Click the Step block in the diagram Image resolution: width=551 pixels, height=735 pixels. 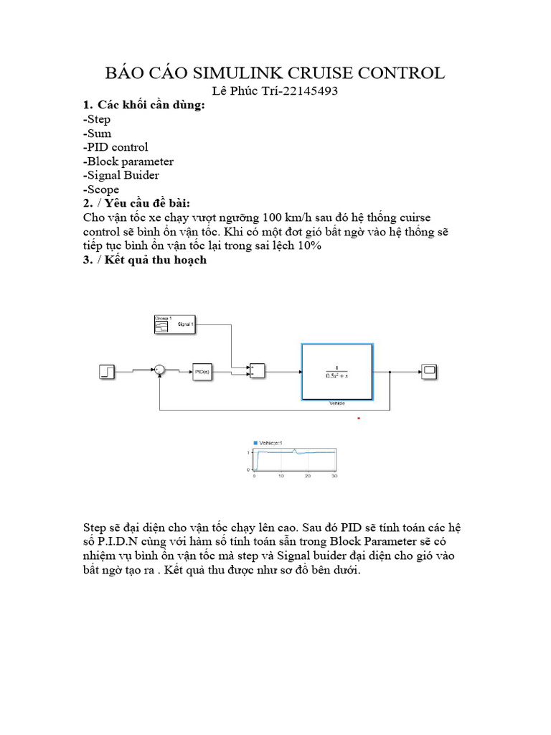[x=106, y=371]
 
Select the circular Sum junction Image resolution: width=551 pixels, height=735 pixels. [x=160, y=370]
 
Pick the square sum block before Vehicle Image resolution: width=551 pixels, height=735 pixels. [x=257, y=370]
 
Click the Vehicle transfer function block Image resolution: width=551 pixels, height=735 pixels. [x=337, y=371]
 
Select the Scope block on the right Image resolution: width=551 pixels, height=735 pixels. [x=429, y=371]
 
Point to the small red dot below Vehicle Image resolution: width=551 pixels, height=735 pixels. [x=359, y=418]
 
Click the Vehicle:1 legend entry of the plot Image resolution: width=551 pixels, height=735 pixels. [x=270, y=443]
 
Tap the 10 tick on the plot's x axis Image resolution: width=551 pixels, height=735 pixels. [x=281, y=476]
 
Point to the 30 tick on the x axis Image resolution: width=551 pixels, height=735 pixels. [x=334, y=476]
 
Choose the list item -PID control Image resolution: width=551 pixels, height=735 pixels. [x=116, y=147]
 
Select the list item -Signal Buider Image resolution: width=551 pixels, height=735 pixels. [x=121, y=175]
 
